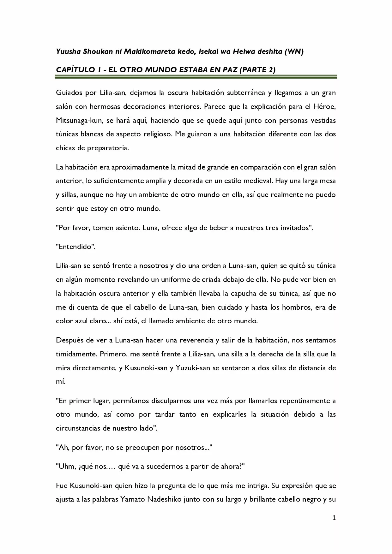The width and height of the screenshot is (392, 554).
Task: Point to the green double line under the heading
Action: [196, 77]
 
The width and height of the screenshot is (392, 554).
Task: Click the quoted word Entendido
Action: [75, 247]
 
